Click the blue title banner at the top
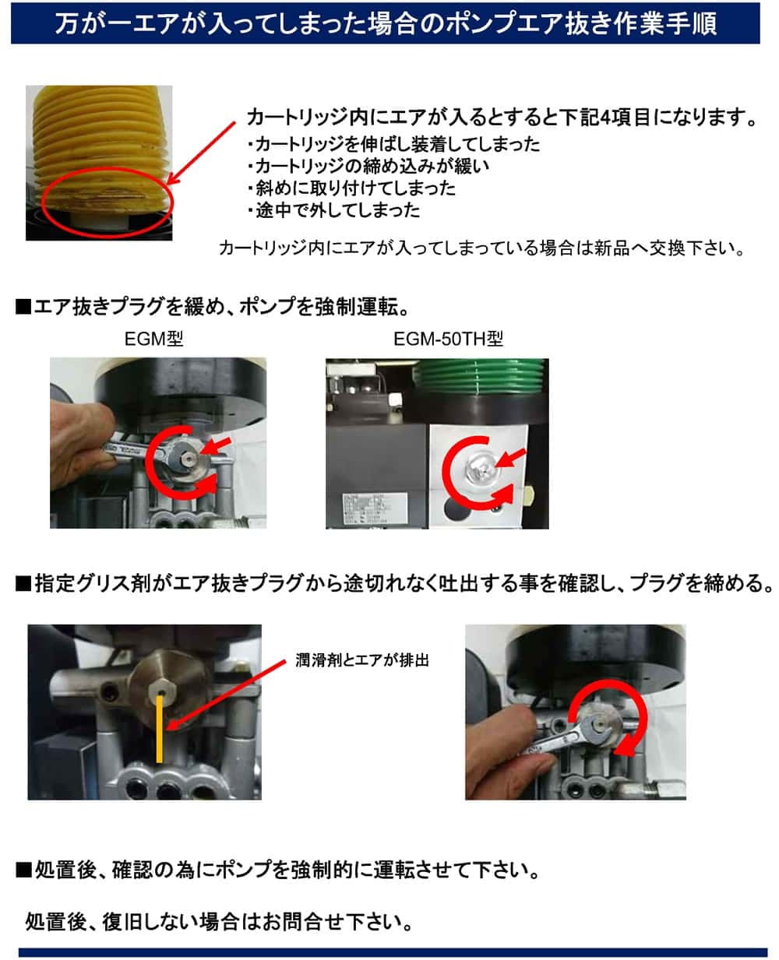click(x=385, y=23)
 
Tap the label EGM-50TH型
click(x=448, y=339)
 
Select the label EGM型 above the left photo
click(x=153, y=339)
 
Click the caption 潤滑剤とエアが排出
click(x=362, y=660)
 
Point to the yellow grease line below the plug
click(x=160, y=730)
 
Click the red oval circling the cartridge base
click(x=108, y=203)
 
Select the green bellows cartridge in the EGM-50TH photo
click(x=479, y=376)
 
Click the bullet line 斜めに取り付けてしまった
click(x=352, y=188)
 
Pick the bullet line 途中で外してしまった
click(x=334, y=210)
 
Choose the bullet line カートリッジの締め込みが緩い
click(x=368, y=167)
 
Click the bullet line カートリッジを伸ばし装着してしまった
click(x=393, y=144)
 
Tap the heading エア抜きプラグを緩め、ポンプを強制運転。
click(x=213, y=307)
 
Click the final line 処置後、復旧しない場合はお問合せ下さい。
click(x=219, y=922)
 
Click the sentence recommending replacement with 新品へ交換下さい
click(x=482, y=248)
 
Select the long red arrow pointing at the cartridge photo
click(x=201, y=153)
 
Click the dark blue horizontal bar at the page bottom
click(x=393, y=952)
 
